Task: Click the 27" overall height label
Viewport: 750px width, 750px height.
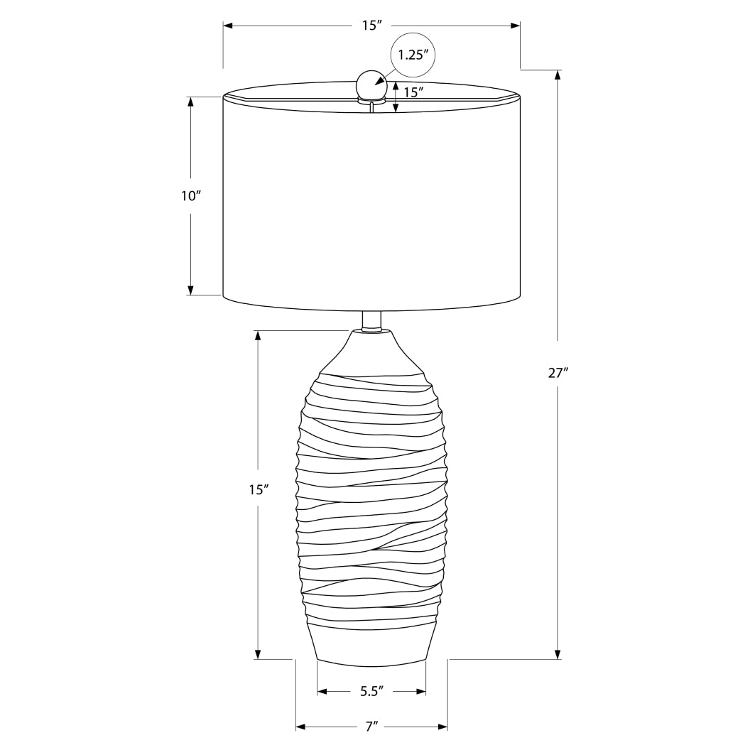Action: click(x=558, y=373)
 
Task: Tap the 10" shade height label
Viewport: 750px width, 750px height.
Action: click(x=191, y=196)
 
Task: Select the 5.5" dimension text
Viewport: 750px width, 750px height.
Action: click(x=371, y=690)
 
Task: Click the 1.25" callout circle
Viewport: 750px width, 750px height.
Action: click(x=413, y=55)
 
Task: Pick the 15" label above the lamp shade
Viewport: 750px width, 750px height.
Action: click(x=371, y=26)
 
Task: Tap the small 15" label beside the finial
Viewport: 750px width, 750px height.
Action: click(x=413, y=92)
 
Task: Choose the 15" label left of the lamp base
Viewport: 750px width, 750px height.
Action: click(x=259, y=489)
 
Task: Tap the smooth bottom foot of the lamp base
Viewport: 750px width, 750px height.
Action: click(x=371, y=645)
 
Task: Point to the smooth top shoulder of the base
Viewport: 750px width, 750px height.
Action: click(x=371, y=352)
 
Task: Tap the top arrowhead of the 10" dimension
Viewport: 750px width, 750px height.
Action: click(x=190, y=102)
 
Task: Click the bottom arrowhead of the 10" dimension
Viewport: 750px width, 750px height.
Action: click(x=190, y=289)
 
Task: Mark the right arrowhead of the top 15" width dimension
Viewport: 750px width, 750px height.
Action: click(x=515, y=26)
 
